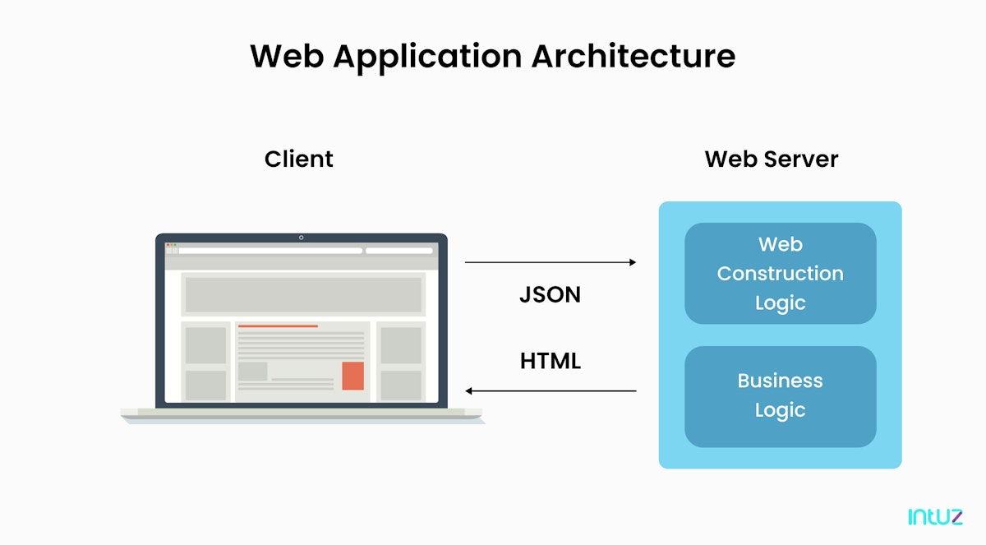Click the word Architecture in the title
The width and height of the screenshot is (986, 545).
(633, 56)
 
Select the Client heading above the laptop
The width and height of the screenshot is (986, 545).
(298, 159)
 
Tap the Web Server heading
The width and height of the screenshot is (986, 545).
(771, 159)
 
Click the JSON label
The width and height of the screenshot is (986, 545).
(550, 295)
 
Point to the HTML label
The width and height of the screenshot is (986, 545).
(550, 361)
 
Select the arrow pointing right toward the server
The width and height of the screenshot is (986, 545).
(551, 262)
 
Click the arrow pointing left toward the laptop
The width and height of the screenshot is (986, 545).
(551, 391)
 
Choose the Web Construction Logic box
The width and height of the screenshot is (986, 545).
(780, 273)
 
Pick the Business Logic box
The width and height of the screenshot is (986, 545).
(780, 396)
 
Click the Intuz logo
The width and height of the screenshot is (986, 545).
(935, 516)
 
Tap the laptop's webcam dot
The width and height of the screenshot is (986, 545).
(301, 238)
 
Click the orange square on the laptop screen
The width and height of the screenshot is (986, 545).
(352, 376)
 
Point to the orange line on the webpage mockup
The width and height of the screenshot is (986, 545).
(278, 326)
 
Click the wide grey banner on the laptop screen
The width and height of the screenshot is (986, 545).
(302, 294)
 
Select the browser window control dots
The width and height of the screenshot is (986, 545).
(171, 245)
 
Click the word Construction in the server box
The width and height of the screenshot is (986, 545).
(780, 274)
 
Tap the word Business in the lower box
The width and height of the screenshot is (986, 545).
(780, 381)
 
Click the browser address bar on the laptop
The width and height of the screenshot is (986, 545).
(270, 251)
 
